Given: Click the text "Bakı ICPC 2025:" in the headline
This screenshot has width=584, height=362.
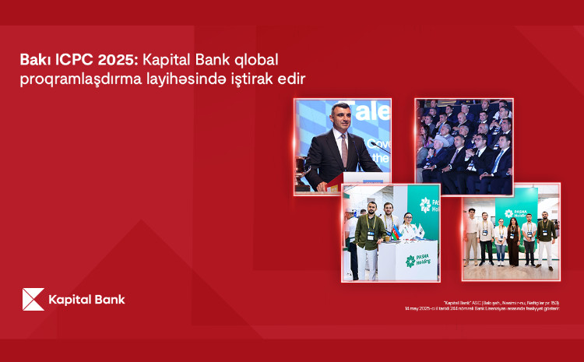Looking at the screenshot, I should click(71, 61).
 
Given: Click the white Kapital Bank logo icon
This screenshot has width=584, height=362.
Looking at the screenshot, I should click(33, 299).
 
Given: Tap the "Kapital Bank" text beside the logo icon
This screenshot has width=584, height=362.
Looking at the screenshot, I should click(86, 299).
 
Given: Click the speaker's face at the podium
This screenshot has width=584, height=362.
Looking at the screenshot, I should click(339, 121).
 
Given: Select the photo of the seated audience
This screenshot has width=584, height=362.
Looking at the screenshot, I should click(463, 146).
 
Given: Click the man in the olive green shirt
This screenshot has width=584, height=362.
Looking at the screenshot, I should click(368, 234).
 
